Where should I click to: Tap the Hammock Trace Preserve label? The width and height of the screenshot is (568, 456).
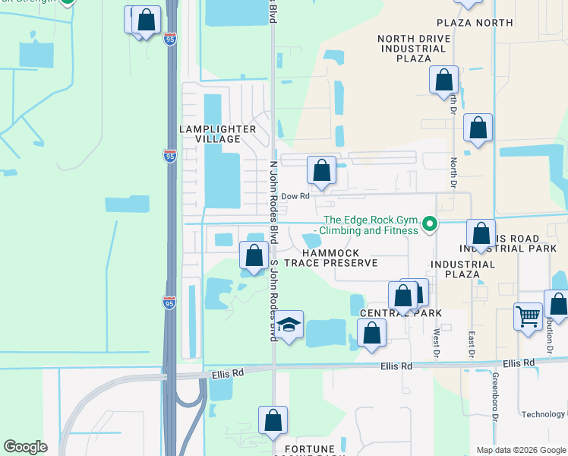click(339, 258)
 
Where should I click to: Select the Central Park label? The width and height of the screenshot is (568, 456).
click(401, 313)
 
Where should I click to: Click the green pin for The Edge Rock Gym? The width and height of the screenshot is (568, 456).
click(429, 223)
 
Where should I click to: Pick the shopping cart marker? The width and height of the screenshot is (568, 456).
click(529, 315)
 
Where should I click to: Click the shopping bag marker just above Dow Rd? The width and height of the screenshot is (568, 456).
click(321, 171)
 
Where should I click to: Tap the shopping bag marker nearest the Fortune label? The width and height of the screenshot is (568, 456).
click(273, 420)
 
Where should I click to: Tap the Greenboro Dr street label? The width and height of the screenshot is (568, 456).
click(494, 396)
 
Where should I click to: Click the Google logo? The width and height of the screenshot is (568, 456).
click(25, 447)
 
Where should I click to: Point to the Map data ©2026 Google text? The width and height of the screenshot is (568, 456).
click(521, 450)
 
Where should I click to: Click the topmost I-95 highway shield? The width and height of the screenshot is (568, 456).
click(170, 38)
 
